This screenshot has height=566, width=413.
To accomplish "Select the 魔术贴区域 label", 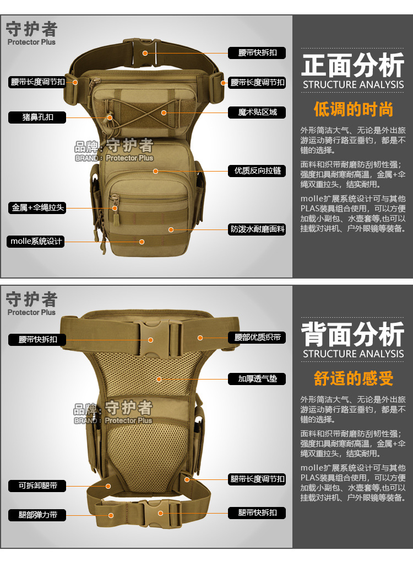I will click(257, 113).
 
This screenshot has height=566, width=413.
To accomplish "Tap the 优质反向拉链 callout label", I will click(257, 171).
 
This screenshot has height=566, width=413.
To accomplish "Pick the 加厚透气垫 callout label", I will click(257, 379).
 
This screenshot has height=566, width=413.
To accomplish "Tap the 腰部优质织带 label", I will click(257, 337).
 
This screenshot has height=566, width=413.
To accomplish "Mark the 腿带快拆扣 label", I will click(257, 512).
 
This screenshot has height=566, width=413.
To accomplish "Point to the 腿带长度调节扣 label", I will click(257, 479).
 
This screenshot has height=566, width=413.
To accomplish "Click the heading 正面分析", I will click(352, 66).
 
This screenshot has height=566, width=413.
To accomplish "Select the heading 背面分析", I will click(352, 334).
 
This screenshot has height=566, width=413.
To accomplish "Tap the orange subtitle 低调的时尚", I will click(353, 109).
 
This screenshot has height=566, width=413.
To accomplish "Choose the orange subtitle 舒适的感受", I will click(353, 378).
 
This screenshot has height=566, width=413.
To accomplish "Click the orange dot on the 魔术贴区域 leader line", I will click(164, 113).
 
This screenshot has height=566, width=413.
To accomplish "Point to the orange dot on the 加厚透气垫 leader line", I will click(159, 379).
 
